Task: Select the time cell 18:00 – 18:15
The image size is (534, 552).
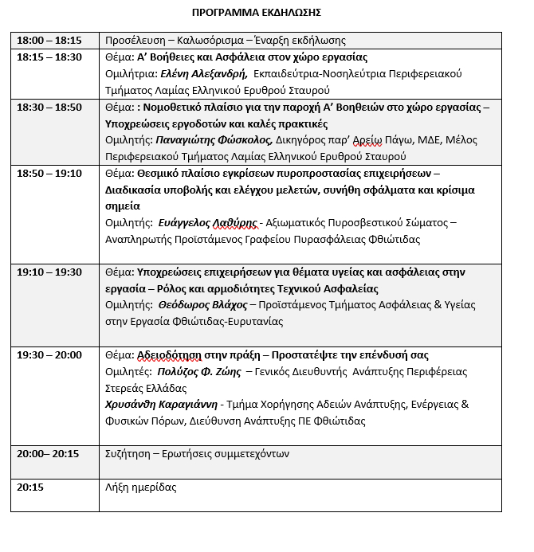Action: (49, 40)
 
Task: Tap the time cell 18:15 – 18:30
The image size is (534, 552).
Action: (49, 57)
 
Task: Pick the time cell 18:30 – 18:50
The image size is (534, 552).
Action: (49, 108)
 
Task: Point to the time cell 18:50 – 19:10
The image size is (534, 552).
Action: (49, 174)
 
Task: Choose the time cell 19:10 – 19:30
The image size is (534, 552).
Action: (49, 272)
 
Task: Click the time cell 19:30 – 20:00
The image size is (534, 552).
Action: (49, 355)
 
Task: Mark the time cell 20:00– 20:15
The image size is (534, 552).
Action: (48, 454)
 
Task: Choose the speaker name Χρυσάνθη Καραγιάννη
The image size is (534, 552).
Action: (161, 405)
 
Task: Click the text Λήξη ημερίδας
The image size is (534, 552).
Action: (141, 487)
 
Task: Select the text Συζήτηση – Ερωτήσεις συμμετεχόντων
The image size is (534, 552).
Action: (198, 454)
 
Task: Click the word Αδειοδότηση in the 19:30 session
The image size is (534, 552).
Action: (177, 355)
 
